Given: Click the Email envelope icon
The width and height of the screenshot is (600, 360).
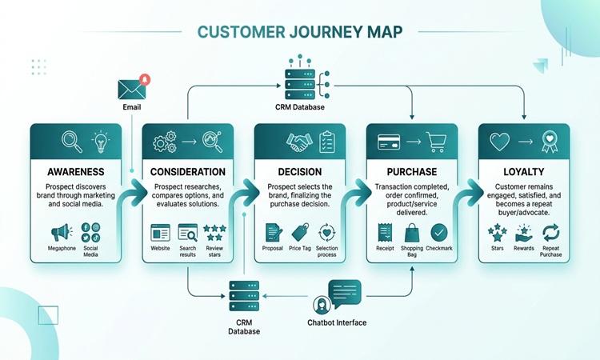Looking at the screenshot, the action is [x=132, y=90].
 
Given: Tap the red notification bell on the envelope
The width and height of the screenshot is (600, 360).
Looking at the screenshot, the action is [x=145, y=79].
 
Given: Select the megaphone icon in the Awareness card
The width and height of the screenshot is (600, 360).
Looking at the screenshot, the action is [x=62, y=232].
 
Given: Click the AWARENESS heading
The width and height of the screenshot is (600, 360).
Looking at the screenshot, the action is [x=76, y=172].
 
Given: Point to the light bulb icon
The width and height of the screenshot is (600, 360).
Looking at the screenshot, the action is [x=101, y=142].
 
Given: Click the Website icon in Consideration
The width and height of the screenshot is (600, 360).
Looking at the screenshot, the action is [x=160, y=233].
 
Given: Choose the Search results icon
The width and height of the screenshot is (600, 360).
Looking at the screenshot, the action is [x=188, y=233].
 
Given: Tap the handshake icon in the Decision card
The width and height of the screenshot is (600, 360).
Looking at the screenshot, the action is [x=299, y=142].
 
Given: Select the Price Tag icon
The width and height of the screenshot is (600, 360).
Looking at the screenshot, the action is [x=300, y=232].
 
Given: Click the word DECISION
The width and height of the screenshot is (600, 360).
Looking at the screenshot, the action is [x=300, y=172].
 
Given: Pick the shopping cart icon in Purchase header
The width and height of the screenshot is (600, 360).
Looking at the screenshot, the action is [x=436, y=142].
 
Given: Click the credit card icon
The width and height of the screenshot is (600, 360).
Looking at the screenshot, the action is [x=389, y=142].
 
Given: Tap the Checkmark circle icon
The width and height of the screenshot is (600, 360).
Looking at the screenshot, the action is [x=439, y=232].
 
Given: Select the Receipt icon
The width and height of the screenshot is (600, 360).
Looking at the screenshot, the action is [x=385, y=233].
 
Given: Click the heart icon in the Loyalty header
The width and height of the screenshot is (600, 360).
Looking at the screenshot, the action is [x=500, y=142].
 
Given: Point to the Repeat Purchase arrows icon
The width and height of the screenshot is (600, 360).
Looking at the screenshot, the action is [x=551, y=233].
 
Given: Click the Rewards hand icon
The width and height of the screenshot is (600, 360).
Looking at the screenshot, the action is [x=524, y=234].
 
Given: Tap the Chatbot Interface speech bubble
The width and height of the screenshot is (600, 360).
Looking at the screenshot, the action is [x=345, y=294].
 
